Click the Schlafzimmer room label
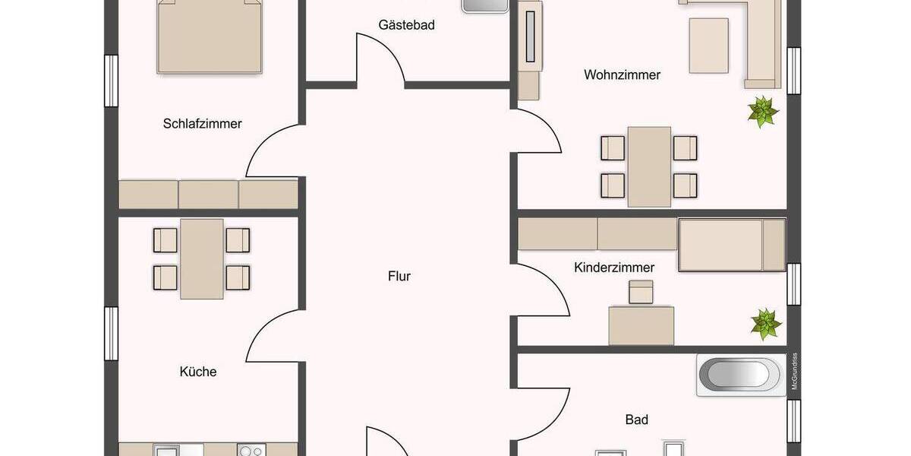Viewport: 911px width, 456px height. (202, 123)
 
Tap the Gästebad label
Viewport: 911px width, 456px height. (406, 24)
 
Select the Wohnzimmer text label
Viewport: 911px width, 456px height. (622, 74)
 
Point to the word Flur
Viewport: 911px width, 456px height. (399, 276)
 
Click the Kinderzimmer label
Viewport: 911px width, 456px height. (614, 268)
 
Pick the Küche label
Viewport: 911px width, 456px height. (198, 372)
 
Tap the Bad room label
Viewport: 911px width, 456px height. (636, 419)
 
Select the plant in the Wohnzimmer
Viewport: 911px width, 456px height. (762, 112)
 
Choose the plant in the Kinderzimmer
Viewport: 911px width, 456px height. (765, 324)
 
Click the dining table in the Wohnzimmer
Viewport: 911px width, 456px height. (649, 166)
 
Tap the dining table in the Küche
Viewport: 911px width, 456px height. (202, 259)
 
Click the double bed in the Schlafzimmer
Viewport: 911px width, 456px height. (210, 36)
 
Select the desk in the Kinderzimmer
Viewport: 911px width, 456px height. (641, 325)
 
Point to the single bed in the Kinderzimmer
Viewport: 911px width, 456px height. (731, 245)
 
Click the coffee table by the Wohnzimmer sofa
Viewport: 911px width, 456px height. (708, 46)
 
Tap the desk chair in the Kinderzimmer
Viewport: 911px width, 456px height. (641, 292)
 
